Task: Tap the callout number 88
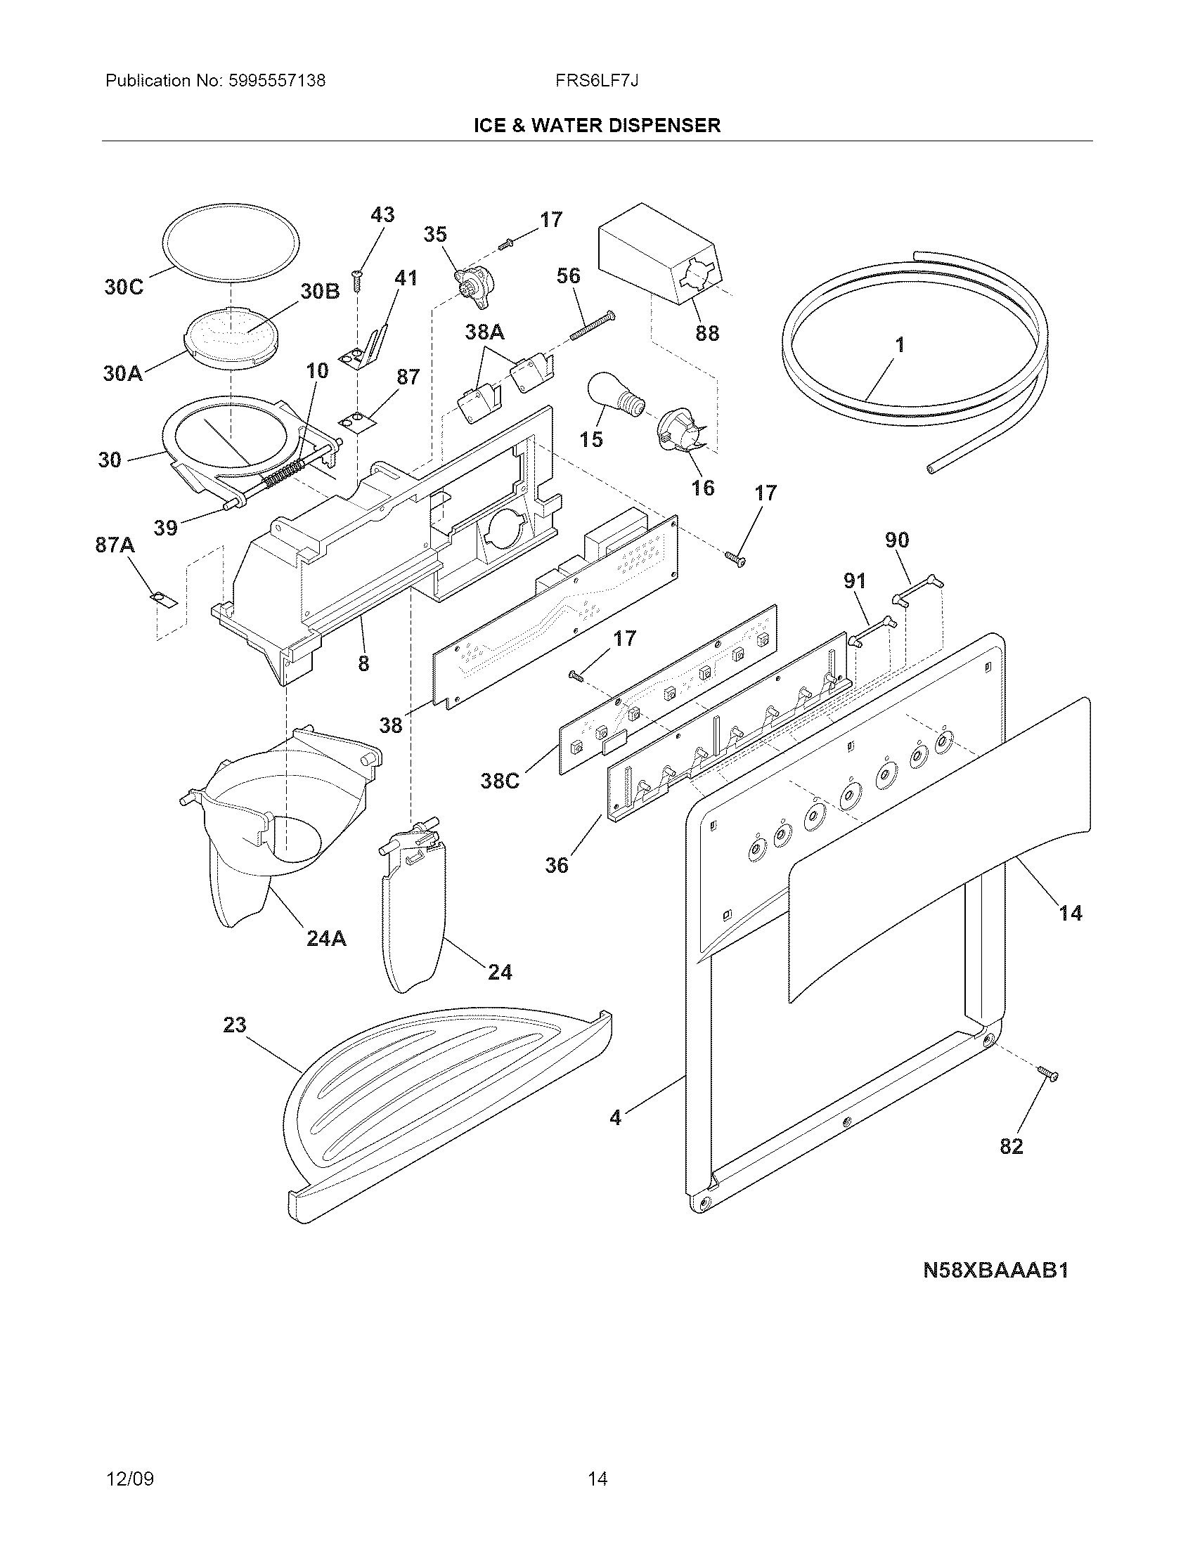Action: tap(706, 332)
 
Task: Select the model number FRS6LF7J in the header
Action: tap(597, 81)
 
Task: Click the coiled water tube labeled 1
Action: tap(913, 354)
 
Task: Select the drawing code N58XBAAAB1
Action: tap(995, 1290)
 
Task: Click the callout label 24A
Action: tap(326, 939)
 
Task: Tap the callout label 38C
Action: tap(500, 781)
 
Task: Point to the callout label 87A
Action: tap(115, 545)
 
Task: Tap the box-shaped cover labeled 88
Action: tap(655, 255)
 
